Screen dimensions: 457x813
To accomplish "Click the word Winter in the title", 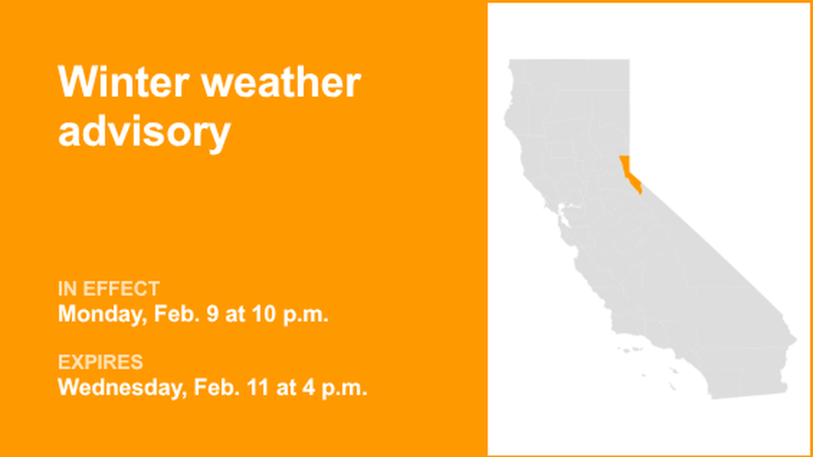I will click(x=122, y=83).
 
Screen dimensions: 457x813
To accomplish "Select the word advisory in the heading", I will click(x=144, y=132).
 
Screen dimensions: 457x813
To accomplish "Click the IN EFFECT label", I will click(x=108, y=289).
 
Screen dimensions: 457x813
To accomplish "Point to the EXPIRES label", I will click(x=101, y=362).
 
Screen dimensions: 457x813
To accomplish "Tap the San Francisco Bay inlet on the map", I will click(x=563, y=212).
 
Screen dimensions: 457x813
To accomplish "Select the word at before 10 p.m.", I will click(x=234, y=314).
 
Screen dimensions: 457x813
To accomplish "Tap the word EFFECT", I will click(x=121, y=289).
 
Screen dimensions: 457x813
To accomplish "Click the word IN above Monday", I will click(x=68, y=289).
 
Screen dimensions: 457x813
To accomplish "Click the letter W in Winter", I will click(x=73, y=83).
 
